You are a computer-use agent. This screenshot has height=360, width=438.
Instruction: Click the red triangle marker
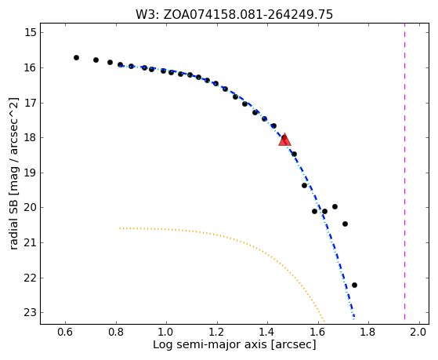[284, 140]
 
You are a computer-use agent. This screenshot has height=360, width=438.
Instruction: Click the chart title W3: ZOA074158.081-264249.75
[234, 15]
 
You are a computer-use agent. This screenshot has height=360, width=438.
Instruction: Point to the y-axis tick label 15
[31, 32]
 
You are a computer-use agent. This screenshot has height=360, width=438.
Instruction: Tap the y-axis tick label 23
[31, 312]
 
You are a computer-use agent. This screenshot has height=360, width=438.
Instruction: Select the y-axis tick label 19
[31, 173]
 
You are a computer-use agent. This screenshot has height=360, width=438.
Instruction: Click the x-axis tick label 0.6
[65, 333]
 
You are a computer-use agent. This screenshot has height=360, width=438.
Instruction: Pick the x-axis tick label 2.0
[419, 333]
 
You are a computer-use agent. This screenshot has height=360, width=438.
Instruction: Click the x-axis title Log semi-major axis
[210, 344]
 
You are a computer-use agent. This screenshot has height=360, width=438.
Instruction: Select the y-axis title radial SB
[13, 225]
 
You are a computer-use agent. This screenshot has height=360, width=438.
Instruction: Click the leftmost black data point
[76, 57]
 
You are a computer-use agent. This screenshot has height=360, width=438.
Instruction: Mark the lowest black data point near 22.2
[354, 285]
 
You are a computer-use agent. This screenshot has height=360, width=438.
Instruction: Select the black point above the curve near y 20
[335, 207]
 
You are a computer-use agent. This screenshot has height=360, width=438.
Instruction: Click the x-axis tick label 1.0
[166, 333]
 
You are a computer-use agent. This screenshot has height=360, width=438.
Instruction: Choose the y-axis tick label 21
[31, 242]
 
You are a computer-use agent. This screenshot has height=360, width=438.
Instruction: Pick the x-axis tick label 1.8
[368, 333]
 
